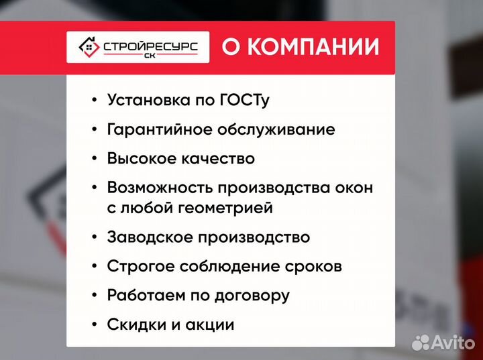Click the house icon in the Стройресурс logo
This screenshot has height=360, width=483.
tap(87, 47)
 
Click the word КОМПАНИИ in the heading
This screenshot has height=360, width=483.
tap(312, 48)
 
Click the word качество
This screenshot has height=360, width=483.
tap(217, 159)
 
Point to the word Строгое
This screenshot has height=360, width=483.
tap(137, 266)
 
